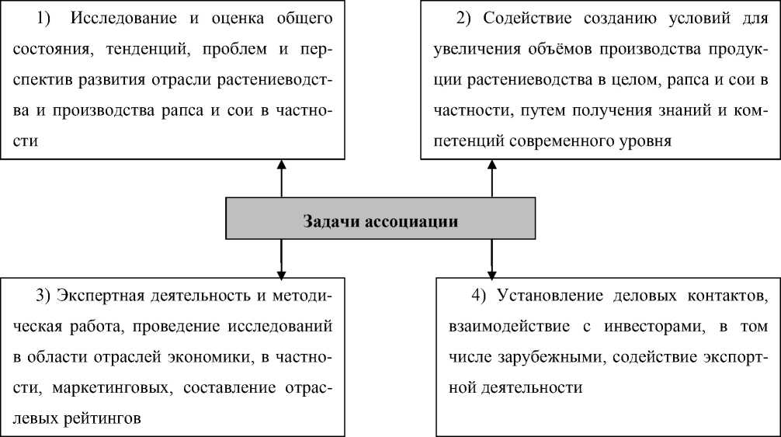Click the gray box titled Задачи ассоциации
pos(380,220)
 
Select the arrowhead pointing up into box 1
pos(282,165)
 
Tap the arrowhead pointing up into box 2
pos(492,165)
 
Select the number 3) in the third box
pos(43,296)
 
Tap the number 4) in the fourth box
pos(479,296)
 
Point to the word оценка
pos(216,16)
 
